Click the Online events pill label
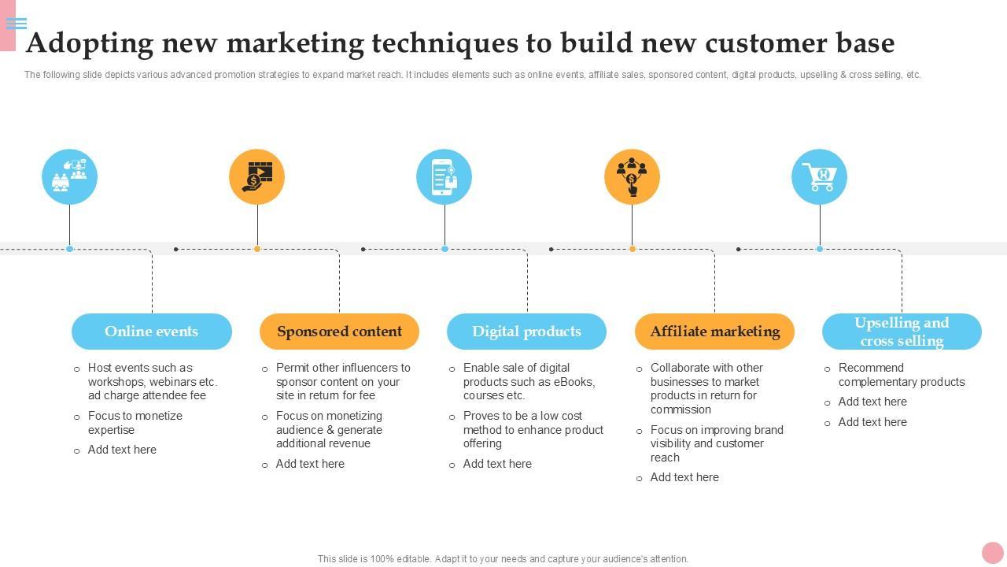151,332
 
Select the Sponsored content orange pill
339,332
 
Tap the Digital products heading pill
526,332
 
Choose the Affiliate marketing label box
714,332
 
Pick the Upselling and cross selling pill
902,332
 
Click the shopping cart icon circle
819,176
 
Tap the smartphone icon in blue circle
444,176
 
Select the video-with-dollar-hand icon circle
256,176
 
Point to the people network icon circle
632,176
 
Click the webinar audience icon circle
69,176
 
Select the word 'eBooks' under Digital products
576,382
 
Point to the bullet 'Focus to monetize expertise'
135,423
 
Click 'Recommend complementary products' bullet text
901,375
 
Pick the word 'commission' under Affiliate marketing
681,409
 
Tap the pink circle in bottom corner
992,552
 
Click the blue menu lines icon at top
17,24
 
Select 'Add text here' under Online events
122,450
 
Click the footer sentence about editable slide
503,559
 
